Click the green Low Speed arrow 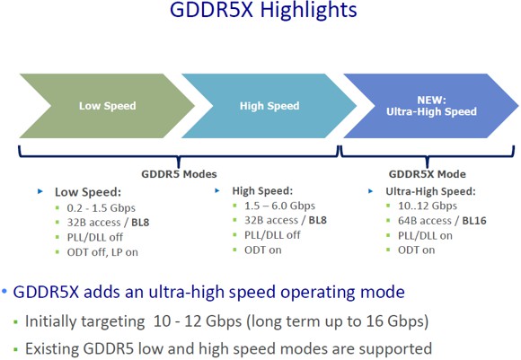point(107,106)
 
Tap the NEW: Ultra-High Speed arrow point(422,106)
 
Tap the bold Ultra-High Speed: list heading point(430,191)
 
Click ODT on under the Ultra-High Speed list point(416,250)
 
